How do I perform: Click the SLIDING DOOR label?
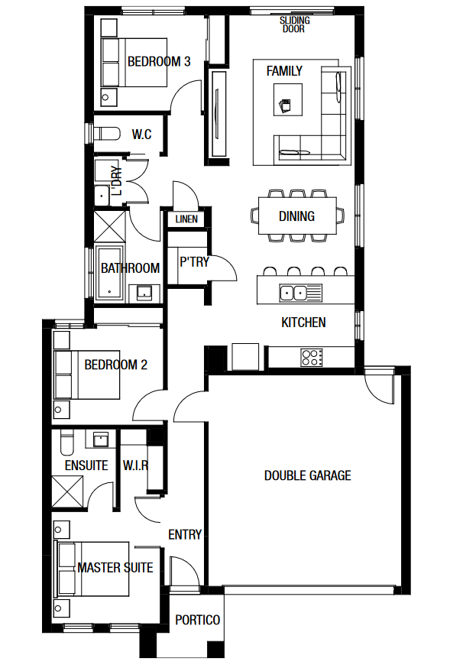[x=294, y=24]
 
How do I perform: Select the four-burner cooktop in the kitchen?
[x=312, y=358]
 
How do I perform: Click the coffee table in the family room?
[x=288, y=99]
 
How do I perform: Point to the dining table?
[x=297, y=215]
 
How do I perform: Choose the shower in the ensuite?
[x=68, y=491]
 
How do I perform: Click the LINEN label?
[x=186, y=219]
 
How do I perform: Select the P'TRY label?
[x=194, y=261]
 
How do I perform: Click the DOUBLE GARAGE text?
[x=307, y=475]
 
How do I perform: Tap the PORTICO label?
[x=198, y=620]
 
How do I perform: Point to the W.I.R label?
[x=135, y=465]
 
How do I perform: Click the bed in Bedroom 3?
[x=134, y=63]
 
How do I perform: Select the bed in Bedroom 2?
[x=86, y=375]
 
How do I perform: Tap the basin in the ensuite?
[x=101, y=439]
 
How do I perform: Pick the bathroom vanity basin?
[x=144, y=293]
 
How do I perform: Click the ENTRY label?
[x=185, y=534]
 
